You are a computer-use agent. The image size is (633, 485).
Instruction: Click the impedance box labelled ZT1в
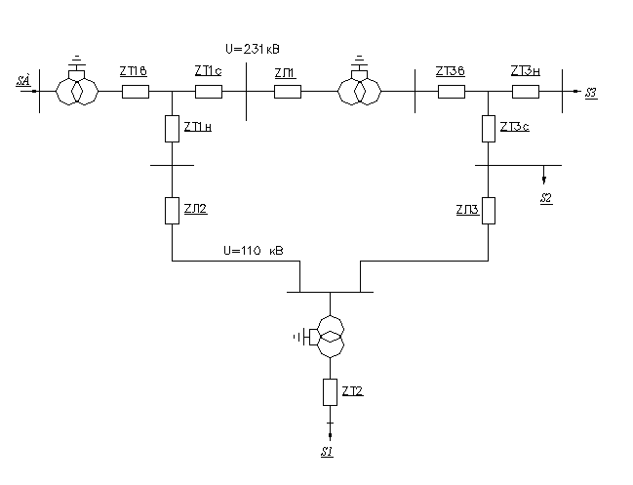(135, 93)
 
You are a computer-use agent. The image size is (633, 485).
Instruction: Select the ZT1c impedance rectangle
(209, 93)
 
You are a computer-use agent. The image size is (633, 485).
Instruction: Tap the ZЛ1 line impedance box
(287, 93)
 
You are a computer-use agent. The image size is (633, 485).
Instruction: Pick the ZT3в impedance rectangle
(451, 93)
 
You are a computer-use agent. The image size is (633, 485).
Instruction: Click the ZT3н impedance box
(526, 93)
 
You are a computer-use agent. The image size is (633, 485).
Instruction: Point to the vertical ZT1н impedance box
(172, 128)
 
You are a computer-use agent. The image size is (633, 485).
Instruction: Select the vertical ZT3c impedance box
(488, 128)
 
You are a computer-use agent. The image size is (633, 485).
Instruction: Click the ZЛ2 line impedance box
(172, 209)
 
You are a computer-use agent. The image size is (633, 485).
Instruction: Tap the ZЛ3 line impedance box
(488, 209)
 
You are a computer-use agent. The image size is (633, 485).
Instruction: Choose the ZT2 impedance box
(330, 392)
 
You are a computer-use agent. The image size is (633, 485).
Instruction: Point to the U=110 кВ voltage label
(253, 251)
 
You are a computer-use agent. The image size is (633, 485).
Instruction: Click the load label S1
(327, 453)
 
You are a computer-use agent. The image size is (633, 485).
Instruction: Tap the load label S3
(591, 94)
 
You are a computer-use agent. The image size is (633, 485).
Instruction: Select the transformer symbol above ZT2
(330, 337)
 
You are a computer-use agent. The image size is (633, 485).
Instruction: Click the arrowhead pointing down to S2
(544, 180)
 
